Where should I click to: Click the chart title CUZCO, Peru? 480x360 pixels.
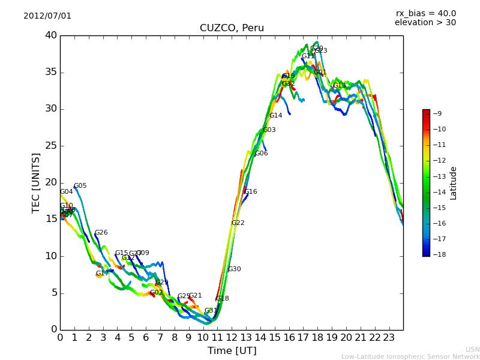tap(232, 28)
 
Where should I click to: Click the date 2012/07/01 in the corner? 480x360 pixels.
tap(47, 16)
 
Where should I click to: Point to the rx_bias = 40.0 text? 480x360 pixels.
tap(425, 13)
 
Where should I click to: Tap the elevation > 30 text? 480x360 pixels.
tap(425, 23)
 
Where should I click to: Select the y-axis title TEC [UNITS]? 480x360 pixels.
tap(36, 182)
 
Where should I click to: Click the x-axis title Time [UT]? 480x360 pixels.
tap(232, 351)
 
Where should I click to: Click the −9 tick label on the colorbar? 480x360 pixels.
tap(437, 113)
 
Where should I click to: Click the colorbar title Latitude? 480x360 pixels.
tap(454, 183)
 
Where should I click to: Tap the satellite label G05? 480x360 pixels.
tap(80, 186)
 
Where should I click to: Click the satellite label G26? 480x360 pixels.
tap(101, 233)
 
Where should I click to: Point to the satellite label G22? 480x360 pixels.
tap(238, 223)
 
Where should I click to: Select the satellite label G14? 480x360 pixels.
tap(275, 116)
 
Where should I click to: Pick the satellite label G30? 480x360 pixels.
tap(234, 269)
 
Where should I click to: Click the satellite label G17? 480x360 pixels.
tap(102, 274)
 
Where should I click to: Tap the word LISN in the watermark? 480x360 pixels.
tap(472, 349)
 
